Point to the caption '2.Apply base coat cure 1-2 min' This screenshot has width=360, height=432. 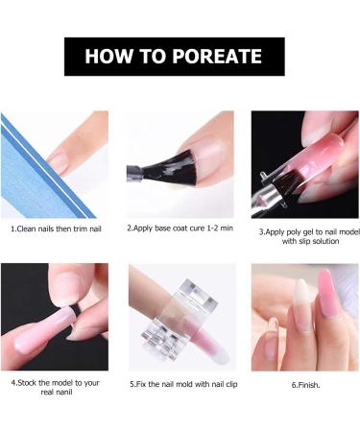click(x=180, y=230)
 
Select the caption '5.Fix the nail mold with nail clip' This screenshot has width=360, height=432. click(x=180, y=383)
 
